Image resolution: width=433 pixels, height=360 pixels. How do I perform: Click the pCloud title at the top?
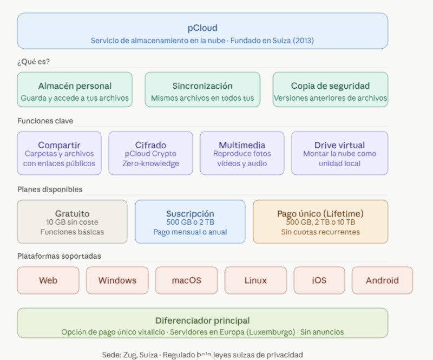click(202, 28)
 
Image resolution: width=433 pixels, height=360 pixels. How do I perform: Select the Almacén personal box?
click(75, 90)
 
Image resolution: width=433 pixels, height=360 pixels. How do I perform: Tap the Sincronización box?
click(202, 90)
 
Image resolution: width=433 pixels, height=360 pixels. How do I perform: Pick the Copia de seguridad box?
click(330, 90)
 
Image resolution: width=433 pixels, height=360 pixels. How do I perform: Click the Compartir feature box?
click(59, 153)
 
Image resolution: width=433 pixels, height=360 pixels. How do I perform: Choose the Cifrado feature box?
click(150, 153)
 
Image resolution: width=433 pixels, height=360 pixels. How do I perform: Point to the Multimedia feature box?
click(242, 153)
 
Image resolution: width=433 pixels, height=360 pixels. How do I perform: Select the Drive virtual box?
click(339, 153)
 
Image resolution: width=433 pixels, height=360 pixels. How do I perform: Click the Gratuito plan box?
click(72, 222)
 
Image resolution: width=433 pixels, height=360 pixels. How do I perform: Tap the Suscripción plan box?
click(189, 222)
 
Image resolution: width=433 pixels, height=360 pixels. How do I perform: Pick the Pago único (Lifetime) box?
click(320, 222)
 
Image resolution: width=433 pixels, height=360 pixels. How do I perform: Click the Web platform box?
click(48, 280)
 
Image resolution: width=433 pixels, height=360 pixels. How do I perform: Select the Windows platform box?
click(117, 280)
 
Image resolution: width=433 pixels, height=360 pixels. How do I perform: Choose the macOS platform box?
click(186, 280)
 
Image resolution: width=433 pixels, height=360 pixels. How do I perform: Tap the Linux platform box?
click(255, 280)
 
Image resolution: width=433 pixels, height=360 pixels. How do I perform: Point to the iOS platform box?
click(319, 280)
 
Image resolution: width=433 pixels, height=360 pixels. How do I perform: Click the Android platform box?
click(382, 280)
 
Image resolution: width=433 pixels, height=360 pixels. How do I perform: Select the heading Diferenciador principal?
click(202, 320)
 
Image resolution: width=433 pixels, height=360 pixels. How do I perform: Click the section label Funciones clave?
click(45, 121)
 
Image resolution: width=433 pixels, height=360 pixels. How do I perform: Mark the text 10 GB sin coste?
click(72, 222)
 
